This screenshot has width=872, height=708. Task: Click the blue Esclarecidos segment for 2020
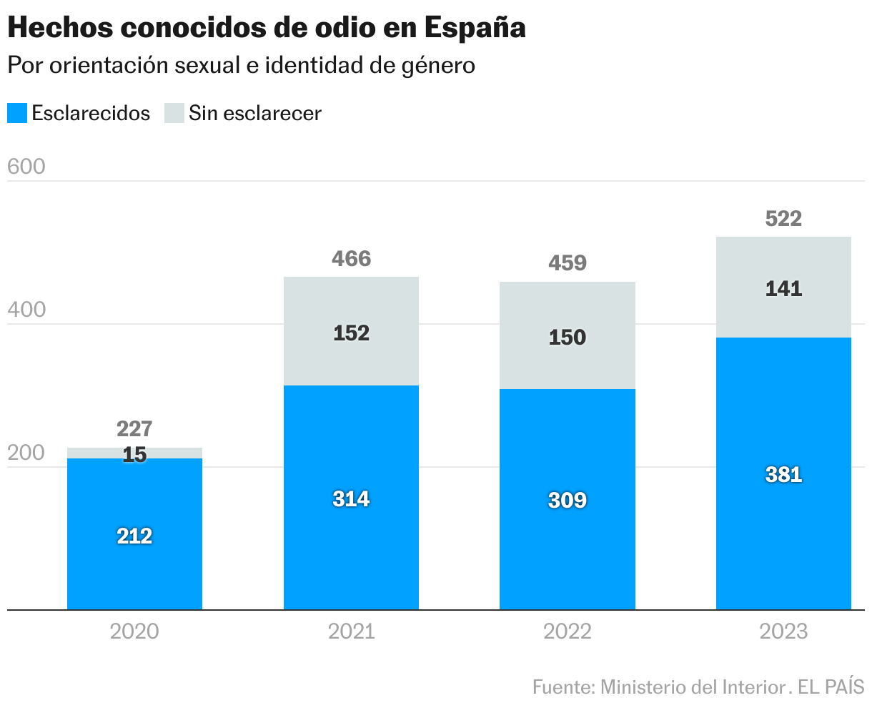pyautogui.click(x=134, y=565)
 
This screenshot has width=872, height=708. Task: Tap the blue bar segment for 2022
pyautogui.click(x=567, y=544)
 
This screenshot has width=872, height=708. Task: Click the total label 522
pyautogui.click(x=783, y=219)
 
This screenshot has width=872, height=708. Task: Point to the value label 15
pyautogui.click(x=134, y=454)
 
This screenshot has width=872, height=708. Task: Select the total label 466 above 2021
pyautogui.click(x=351, y=258)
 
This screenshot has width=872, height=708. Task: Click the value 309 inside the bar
pyautogui.click(x=567, y=500)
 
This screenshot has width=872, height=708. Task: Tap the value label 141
pyautogui.click(x=783, y=289)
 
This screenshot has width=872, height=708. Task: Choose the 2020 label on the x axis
pyautogui.click(x=134, y=631)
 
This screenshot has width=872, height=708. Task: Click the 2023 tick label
pyautogui.click(x=783, y=631)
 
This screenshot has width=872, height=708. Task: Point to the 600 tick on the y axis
pyautogui.click(x=26, y=167)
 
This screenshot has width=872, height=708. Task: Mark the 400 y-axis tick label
pyautogui.click(x=26, y=310)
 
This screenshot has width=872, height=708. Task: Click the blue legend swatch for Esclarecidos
pyautogui.click(x=17, y=113)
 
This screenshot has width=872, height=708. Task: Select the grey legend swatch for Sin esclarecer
pyautogui.click(x=174, y=113)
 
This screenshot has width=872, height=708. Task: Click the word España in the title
pyautogui.click(x=475, y=28)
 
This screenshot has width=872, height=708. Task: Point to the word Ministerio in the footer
pyautogui.click(x=638, y=687)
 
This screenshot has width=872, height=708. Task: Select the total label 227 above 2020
pyautogui.click(x=134, y=428)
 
